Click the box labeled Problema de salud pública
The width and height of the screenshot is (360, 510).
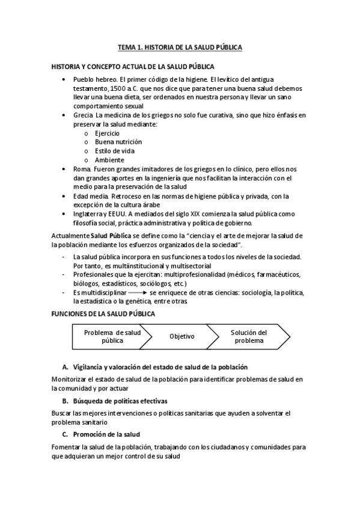(x=112, y=336)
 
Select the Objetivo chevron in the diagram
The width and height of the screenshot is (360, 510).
(x=182, y=336)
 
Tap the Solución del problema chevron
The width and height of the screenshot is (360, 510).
(x=249, y=336)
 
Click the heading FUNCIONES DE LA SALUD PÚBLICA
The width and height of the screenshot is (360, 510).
(x=103, y=313)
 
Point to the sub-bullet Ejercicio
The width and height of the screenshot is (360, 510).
(x=107, y=133)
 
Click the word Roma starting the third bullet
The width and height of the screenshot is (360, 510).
(x=81, y=170)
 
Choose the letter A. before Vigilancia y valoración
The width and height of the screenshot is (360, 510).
(x=65, y=367)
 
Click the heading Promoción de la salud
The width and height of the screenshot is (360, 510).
(x=106, y=434)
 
